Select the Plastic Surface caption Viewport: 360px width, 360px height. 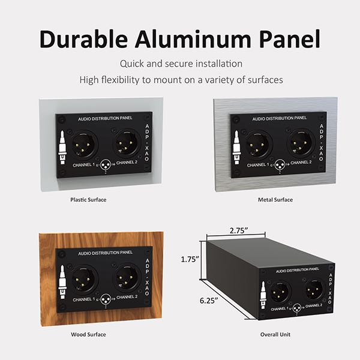click(x=88, y=199)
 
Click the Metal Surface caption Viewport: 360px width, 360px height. click(x=275, y=199)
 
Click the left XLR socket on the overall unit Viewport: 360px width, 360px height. click(x=280, y=293)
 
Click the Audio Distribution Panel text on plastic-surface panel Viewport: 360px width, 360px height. click(x=105, y=119)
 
